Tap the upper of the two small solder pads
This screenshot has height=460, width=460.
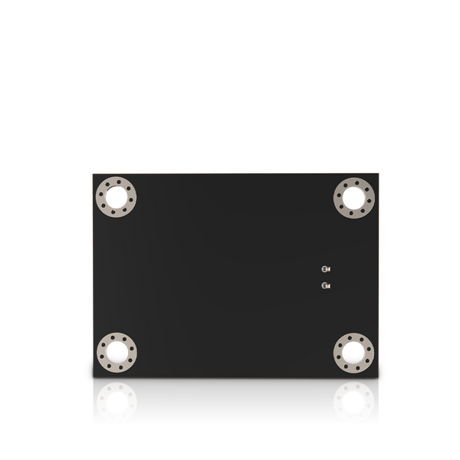click(x=325, y=269)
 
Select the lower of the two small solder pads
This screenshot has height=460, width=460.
click(x=325, y=286)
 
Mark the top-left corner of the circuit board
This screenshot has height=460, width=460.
click(x=91, y=173)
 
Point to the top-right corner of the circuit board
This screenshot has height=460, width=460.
click(x=380, y=172)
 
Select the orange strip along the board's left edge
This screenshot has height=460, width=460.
click(x=91, y=230)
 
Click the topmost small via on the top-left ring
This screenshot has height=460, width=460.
click(x=117, y=182)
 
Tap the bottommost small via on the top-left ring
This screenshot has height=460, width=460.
click(x=117, y=213)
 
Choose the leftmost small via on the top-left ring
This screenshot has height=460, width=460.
click(x=101, y=198)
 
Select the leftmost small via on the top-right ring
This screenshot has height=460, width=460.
click(x=338, y=198)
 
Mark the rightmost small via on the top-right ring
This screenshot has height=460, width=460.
click(x=369, y=198)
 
